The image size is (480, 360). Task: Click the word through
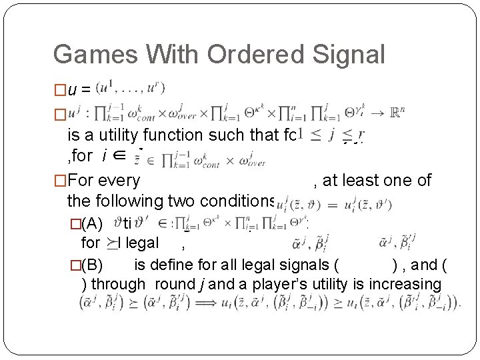pyautogui.click(x=118, y=284)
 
